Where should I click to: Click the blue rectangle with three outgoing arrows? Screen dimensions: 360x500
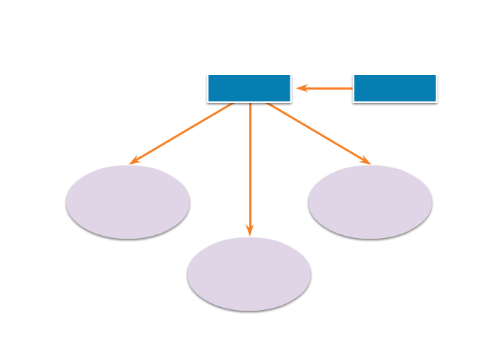(249, 88)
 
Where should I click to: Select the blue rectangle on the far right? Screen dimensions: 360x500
(395, 88)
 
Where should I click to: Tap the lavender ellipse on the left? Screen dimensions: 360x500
(128, 202)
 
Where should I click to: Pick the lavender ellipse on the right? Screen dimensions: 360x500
(370, 202)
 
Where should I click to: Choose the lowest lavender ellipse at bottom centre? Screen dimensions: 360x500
(249, 274)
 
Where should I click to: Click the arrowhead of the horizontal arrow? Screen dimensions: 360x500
(301, 88)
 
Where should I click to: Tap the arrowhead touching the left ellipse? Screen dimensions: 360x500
(134, 161)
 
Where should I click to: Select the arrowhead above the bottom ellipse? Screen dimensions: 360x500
(250, 230)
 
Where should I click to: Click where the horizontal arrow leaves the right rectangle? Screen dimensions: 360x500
(353, 88)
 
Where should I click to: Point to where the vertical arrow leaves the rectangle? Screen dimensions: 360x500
(250, 103)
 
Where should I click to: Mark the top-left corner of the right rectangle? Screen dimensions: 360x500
(354, 74)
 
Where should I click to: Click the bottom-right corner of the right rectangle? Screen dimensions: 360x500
(436, 101)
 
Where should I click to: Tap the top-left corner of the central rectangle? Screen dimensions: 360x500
(208, 74)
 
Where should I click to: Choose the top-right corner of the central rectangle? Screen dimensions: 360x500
(290, 74)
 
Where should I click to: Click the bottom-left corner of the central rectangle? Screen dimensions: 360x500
(208, 101)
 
